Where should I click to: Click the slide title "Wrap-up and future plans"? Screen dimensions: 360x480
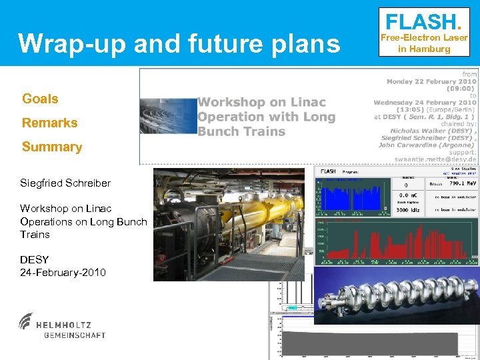click(x=179, y=43)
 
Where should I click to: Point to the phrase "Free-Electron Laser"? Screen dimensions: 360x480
click(x=424, y=38)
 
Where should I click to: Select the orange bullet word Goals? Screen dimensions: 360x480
click(x=40, y=99)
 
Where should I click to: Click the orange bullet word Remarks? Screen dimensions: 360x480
click(x=49, y=123)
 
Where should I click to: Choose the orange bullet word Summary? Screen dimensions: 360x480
click(x=52, y=147)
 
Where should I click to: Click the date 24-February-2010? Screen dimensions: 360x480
click(x=63, y=272)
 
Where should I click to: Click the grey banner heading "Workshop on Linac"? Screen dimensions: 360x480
click(x=261, y=102)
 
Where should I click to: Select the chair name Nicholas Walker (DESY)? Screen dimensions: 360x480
click(x=433, y=131)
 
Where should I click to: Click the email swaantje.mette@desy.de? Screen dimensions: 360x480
click(x=435, y=159)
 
